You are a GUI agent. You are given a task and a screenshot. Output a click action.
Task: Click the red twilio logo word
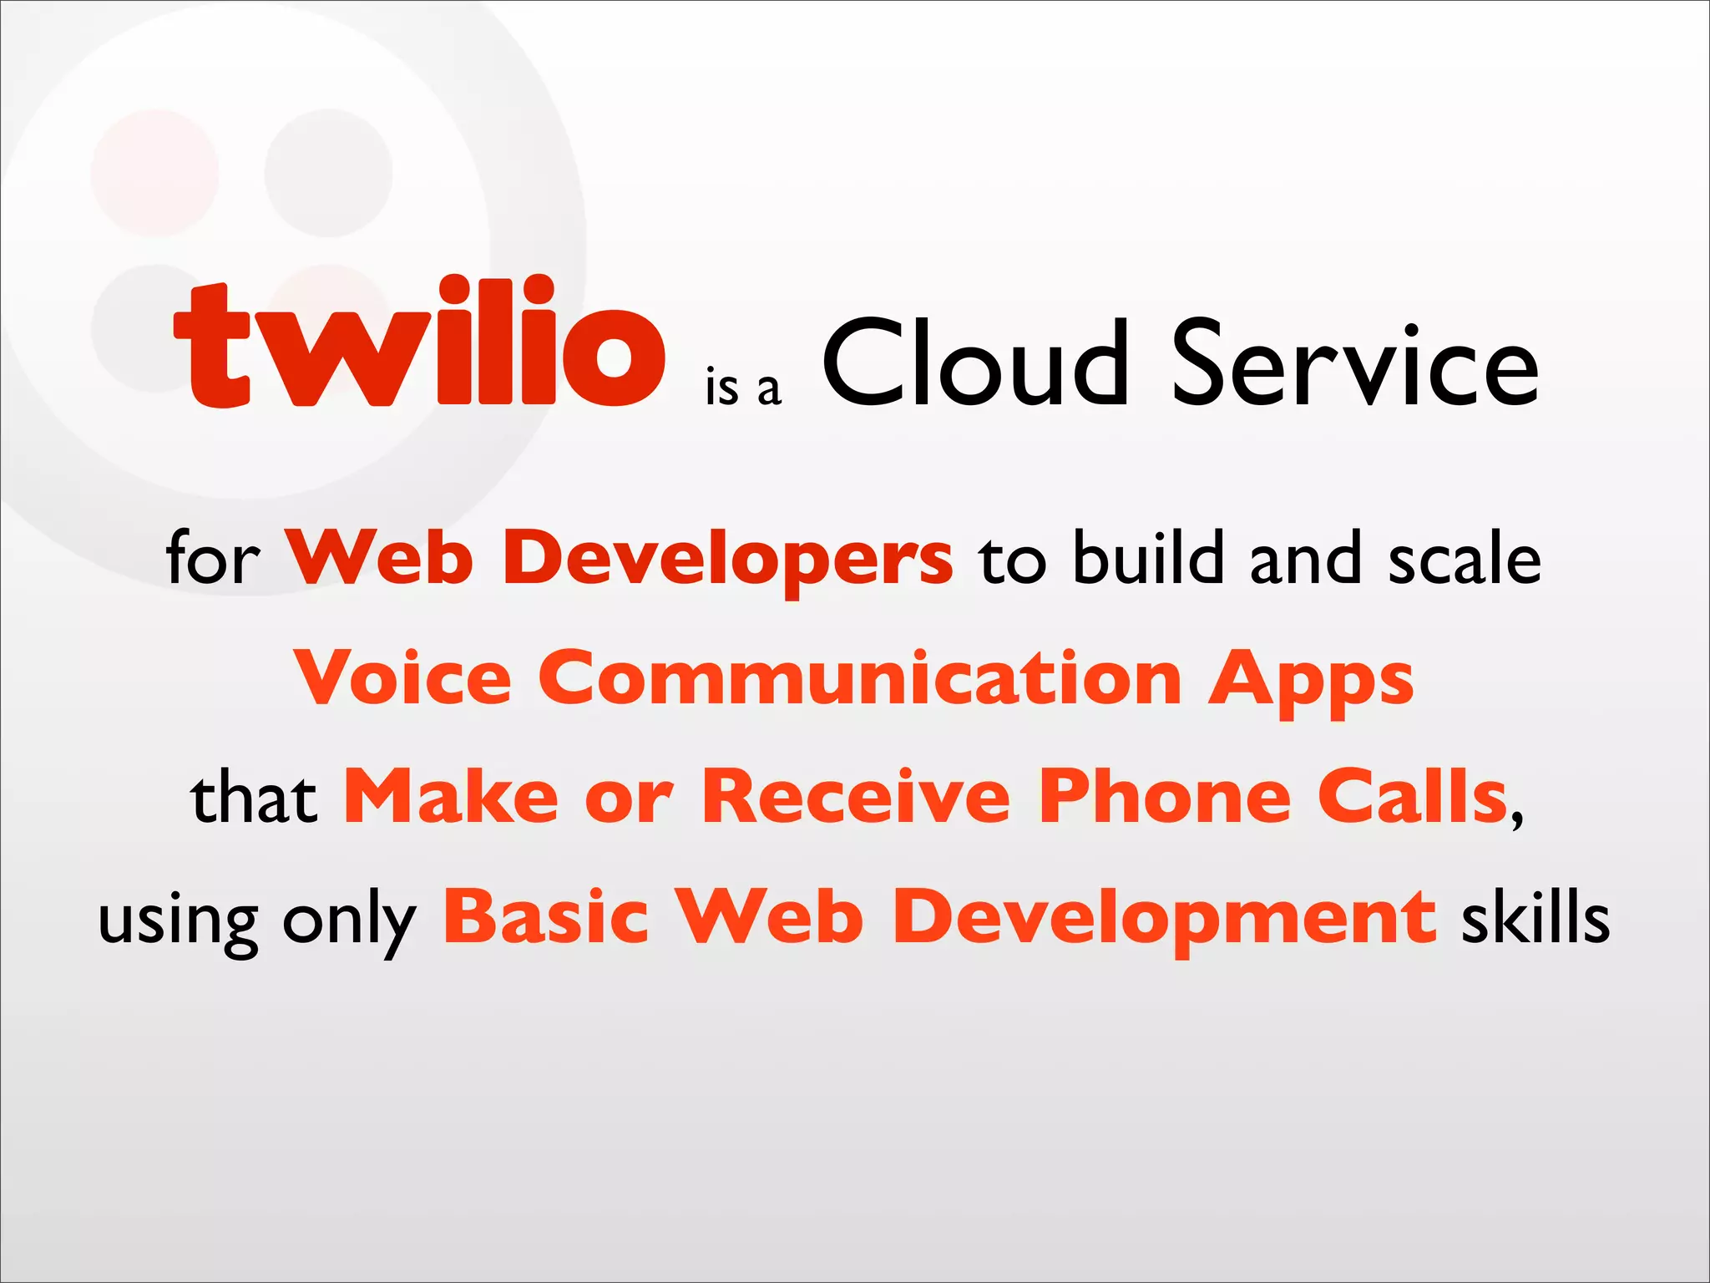click(x=419, y=342)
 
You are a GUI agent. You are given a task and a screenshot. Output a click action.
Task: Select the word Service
click(x=1354, y=364)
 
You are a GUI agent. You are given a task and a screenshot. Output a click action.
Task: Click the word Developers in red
click(x=726, y=558)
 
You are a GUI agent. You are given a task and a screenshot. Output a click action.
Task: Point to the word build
click(x=1148, y=558)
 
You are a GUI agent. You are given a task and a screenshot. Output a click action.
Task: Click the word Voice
click(x=402, y=677)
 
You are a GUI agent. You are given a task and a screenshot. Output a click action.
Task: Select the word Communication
click(x=860, y=677)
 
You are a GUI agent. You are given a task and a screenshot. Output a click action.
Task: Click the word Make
click(x=451, y=797)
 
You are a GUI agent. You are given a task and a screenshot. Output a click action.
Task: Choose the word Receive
click(x=856, y=797)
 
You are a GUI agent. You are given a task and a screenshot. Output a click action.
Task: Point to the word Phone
click(x=1165, y=797)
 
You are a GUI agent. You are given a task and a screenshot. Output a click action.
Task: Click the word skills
click(x=1535, y=917)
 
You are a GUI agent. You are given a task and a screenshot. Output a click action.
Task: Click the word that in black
click(x=254, y=799)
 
